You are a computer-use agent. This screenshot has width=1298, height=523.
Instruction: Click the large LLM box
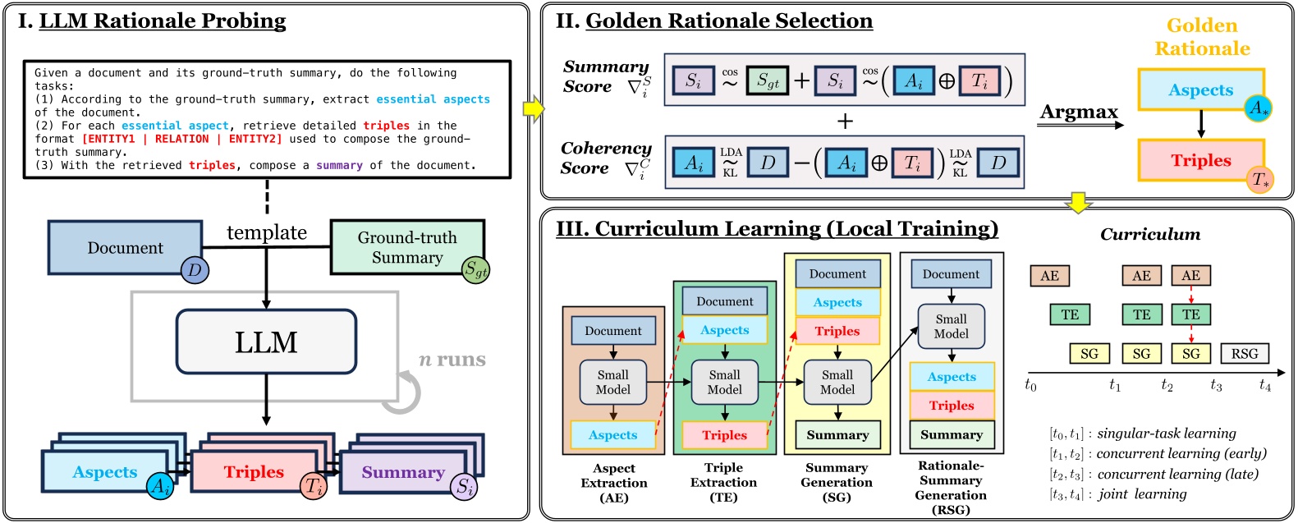pyautogui.click(x=266, y=342)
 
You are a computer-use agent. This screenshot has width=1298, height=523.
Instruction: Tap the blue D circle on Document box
pyautogui.click(x=195, y=269)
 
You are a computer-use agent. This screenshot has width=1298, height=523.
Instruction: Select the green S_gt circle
pyautogui.click(x=475, y=268)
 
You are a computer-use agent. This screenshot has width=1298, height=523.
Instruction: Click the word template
pyautogui.click(x=267, y=233)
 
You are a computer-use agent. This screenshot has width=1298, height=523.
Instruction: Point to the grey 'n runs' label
pyautogui.click(x=452, y=360)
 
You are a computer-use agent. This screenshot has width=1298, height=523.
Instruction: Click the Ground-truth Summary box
pyautogui.click(x=406, y=246)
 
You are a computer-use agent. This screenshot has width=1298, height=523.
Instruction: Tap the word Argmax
pyautogui.click(x=1079, y=112)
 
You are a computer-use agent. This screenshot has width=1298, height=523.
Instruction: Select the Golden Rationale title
pyautogui.click(x=1202, y=37)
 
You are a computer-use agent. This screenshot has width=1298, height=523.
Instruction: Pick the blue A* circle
pyautogui.click(x=1258, y=108)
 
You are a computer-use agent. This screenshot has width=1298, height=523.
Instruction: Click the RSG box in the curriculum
pyautogui.click(x=1244, y=354)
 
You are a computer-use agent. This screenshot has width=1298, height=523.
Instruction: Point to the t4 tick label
pyautogui.click(x=1264, y=385)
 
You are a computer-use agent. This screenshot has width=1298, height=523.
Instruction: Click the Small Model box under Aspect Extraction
pyautogui.click(x=612, y=383)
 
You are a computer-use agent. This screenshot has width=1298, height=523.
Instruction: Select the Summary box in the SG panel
pyautogui.click(x=837, y=435)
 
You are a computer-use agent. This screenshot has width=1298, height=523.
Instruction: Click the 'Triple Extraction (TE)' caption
pyautogui.click(x=723, y=482)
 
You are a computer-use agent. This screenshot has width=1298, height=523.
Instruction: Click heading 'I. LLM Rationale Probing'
pyautogui.click(x=153, y=21)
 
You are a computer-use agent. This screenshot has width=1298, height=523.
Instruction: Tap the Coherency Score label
pyautogui.click(x=606, y=158)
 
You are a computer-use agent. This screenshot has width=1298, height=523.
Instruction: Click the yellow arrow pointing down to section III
pyautogui.click(x=1077, y=203)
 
